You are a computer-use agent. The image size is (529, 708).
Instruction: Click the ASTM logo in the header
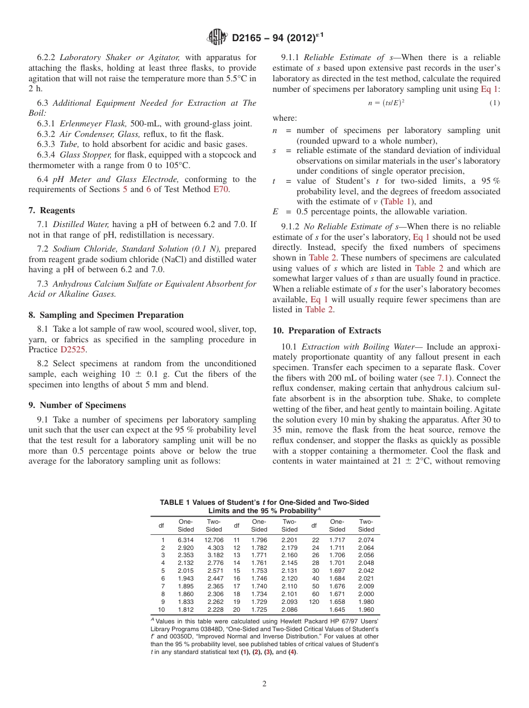[217, 37]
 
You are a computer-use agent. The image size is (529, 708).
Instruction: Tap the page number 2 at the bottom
[264, 684]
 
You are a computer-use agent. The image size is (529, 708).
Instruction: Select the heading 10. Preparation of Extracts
[327, 330]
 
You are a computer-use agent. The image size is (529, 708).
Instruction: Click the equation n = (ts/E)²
[386, 103]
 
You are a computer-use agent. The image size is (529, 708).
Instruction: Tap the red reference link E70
[220, 189]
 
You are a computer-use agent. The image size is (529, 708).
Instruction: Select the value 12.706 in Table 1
[214, 540]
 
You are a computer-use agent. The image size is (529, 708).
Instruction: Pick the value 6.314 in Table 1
[185, 540]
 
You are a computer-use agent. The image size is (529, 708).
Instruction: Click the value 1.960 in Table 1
[366, 609]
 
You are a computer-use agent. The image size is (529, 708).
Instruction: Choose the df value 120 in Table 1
[314, 602]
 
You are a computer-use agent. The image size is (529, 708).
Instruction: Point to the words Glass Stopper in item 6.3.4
[85, 155]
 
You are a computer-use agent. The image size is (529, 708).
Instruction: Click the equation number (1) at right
[494, 103]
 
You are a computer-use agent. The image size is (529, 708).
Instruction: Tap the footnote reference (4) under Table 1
[292, 652]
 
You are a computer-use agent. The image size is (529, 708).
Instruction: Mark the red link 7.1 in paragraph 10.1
[443, 378]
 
